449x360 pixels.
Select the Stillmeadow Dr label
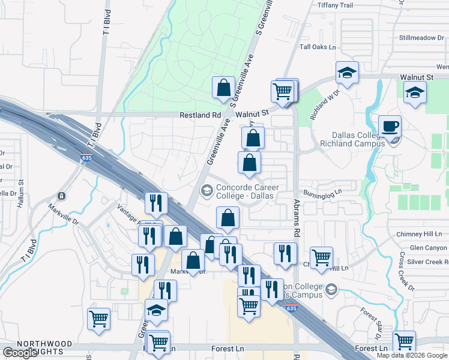pyautogui.click(x=421, y=37)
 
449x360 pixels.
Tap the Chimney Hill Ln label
pyautogui.click(x=418, y=234)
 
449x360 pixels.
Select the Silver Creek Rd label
pyautogui.click(x=427, y=262)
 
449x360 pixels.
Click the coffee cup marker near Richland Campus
pyautogui.click(x=390, y=126)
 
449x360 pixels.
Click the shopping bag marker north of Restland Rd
pyautogui.click(x=223, y=88)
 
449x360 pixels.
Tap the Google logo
pyautogui.click(x=20, y=353)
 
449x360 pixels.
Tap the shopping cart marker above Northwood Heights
pyautogui.click(x=98, y=319)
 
